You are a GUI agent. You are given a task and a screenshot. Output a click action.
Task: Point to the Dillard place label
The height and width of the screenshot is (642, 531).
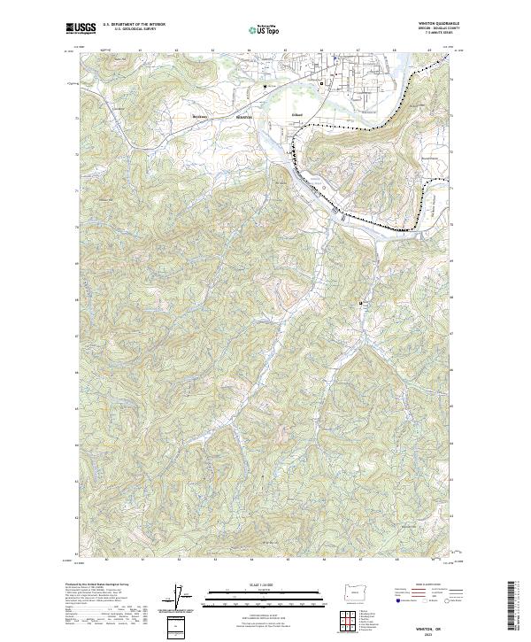[x=273, y=116]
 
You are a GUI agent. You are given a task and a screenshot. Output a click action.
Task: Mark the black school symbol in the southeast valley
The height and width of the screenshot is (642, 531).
[x=361, y=304]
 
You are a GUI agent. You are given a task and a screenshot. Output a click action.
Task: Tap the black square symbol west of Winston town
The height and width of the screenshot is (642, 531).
[x=265, y=86]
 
